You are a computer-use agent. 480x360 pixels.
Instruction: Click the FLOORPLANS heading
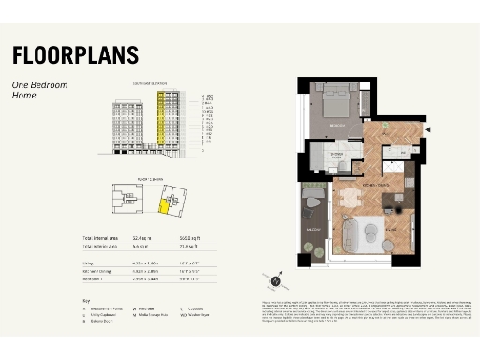coord(75,54)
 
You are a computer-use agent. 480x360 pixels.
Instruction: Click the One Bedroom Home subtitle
coord(39,90)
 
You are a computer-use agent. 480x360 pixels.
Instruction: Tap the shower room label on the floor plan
coord(336,156)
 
